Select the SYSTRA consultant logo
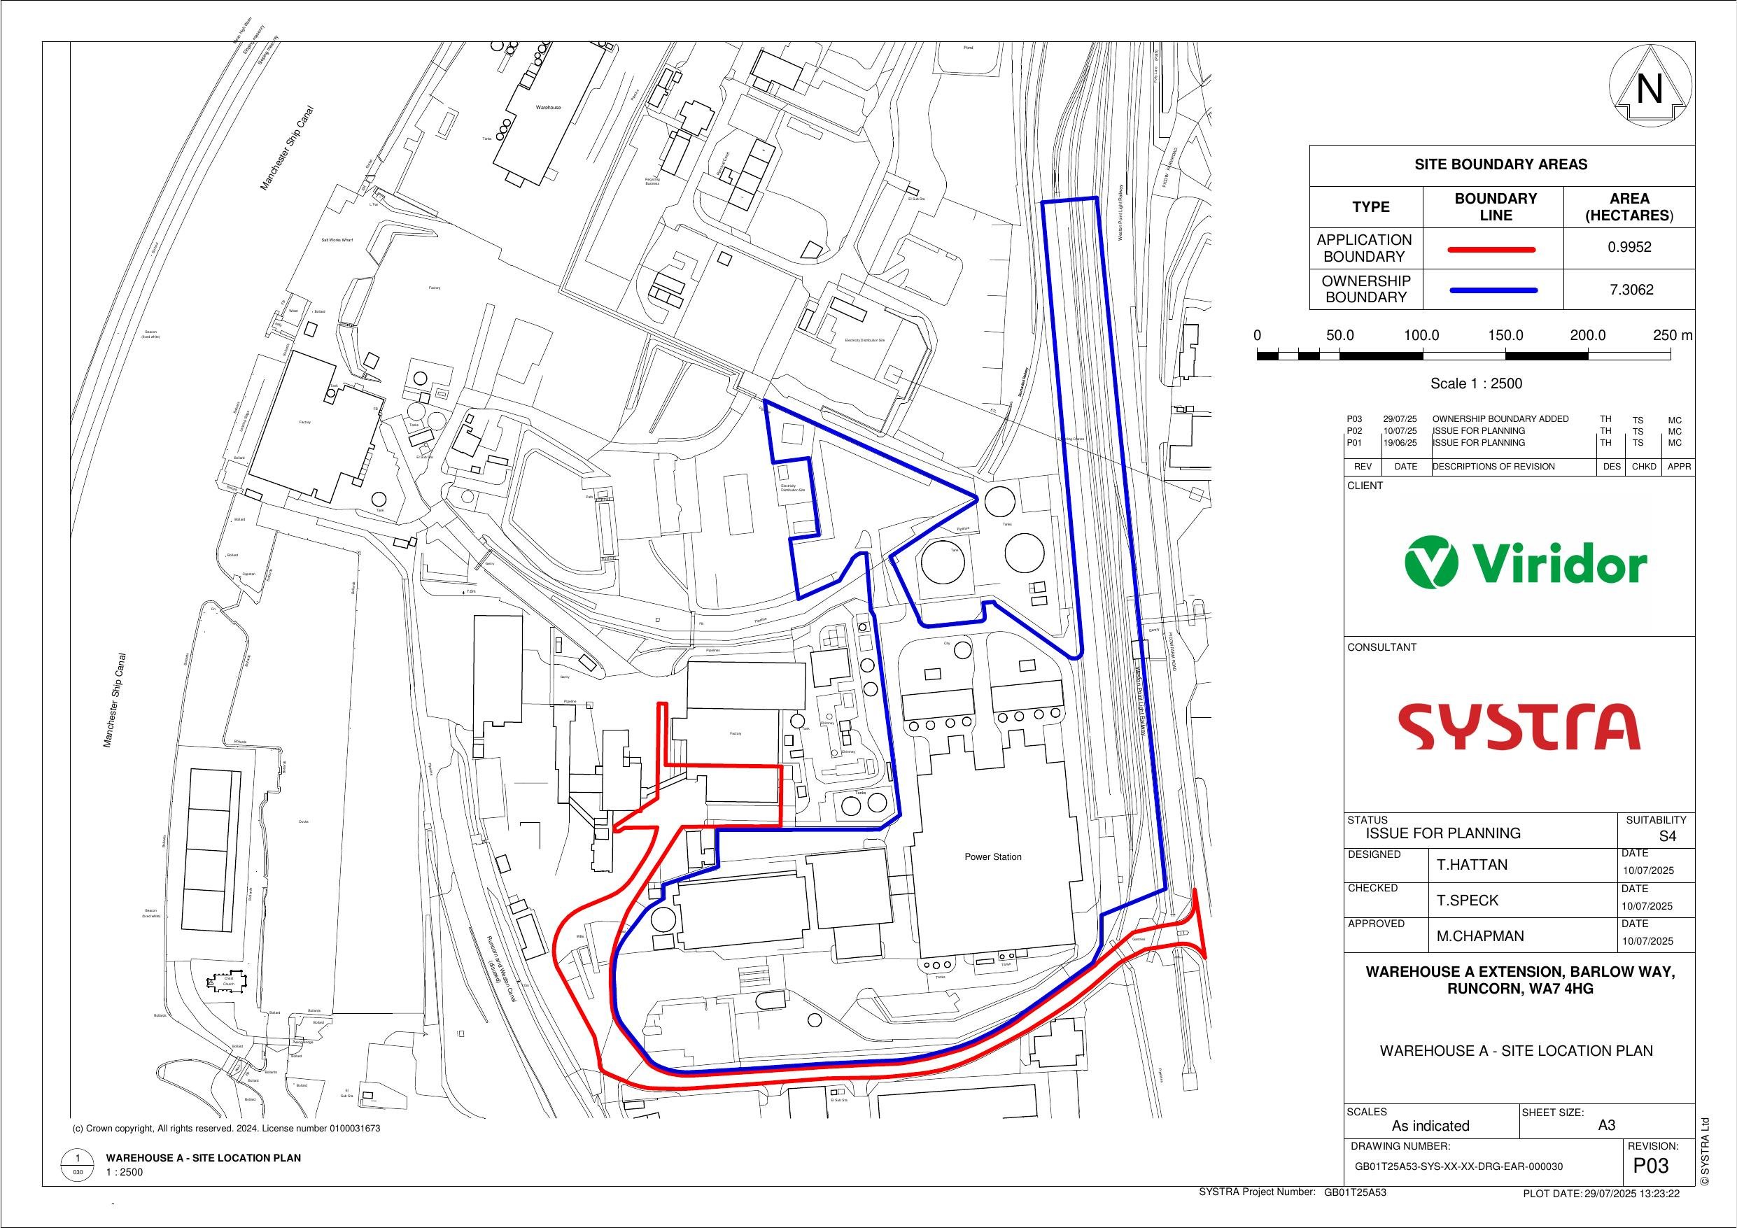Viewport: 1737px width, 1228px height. pos(1519,726)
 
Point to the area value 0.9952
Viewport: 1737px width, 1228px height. pos(1629,248)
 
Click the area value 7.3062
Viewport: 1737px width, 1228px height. pos(1629,290)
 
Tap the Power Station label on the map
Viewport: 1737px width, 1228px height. pos(992,857)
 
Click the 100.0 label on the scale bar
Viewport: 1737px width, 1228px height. pos(1421,336)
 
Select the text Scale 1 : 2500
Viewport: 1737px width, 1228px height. pos(1465,383)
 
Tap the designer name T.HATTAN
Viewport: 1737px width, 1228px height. pos(1472,865)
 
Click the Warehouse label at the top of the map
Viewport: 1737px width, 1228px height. pos(548,108)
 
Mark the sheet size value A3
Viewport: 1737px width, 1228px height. pos(1606,1125)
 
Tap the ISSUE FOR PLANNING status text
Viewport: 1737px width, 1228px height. pos(1442,833)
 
